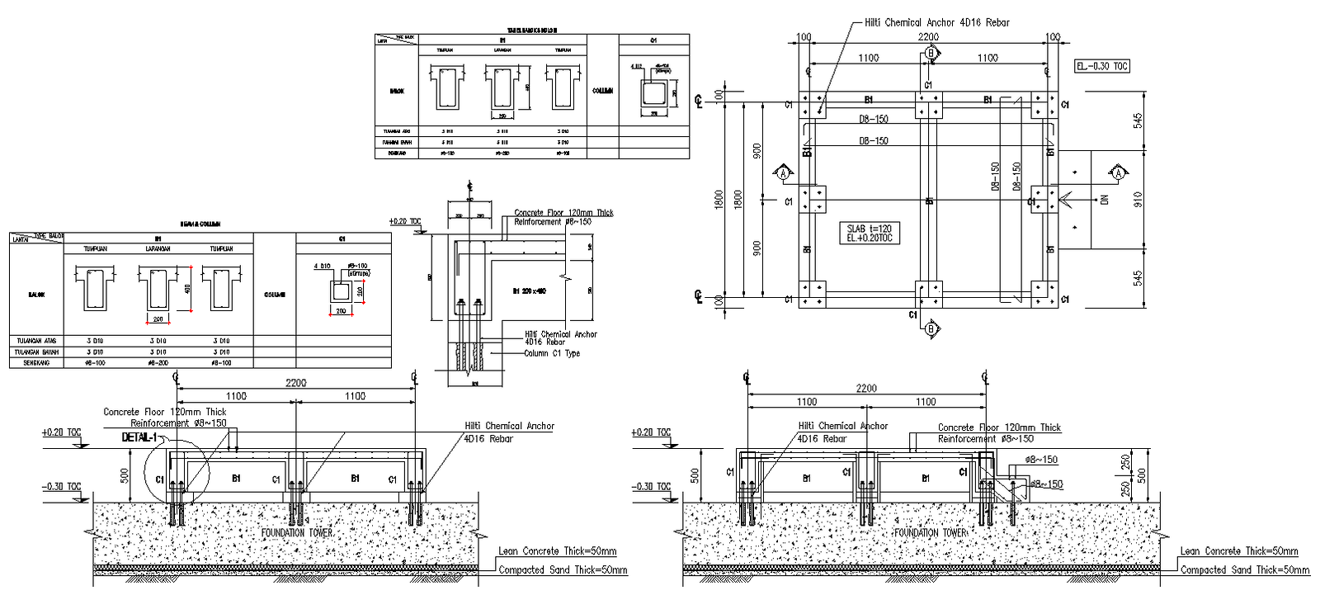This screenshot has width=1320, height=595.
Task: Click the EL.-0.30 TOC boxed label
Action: pyautogui.click(x=1102, y=66)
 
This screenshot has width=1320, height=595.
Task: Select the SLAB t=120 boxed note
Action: pyautogui.click(x=869, y=233)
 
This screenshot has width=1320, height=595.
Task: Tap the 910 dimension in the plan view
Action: pyautogui.click(x=1138, y=199)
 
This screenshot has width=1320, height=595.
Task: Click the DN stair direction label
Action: pyautogui.click(x=1105, y=199)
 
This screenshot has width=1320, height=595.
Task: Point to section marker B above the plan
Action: pyautogui.click(x=931, y=54)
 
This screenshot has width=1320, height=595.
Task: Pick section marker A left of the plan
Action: pyautogui.click(x=783, y=173)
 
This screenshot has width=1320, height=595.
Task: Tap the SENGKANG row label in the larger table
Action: pyautogui.click(x=36, y=363)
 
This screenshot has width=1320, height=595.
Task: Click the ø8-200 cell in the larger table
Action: pyautogui.click(x=158, y=363)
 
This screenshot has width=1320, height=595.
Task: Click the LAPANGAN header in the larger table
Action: pyautogui.click(x=158, y=248)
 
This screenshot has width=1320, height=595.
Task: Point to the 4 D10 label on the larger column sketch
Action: pyautogui.click(x=322, y=267)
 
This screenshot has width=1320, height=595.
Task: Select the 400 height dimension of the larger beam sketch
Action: pyautogui.click(x=187, y=289)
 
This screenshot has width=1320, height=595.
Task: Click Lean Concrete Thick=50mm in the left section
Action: pyautogui.click(x=557, y=551)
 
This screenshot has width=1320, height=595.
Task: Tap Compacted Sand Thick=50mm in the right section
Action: pyautogui.click(x=1244, y=569)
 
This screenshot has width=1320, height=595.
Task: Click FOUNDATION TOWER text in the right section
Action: pyautogui.click(x=931, y=533)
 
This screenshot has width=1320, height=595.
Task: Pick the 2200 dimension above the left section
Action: pyautogui.click(x=295, y=383)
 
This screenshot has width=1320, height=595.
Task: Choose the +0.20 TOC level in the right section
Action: pyautogui.click(x=651, y=432)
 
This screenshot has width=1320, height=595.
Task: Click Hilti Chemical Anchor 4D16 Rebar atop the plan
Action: pyautogui.click(x=936, y=22)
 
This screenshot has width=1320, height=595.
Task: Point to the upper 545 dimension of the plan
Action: pyautogui.click(x=1138, y=121)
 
